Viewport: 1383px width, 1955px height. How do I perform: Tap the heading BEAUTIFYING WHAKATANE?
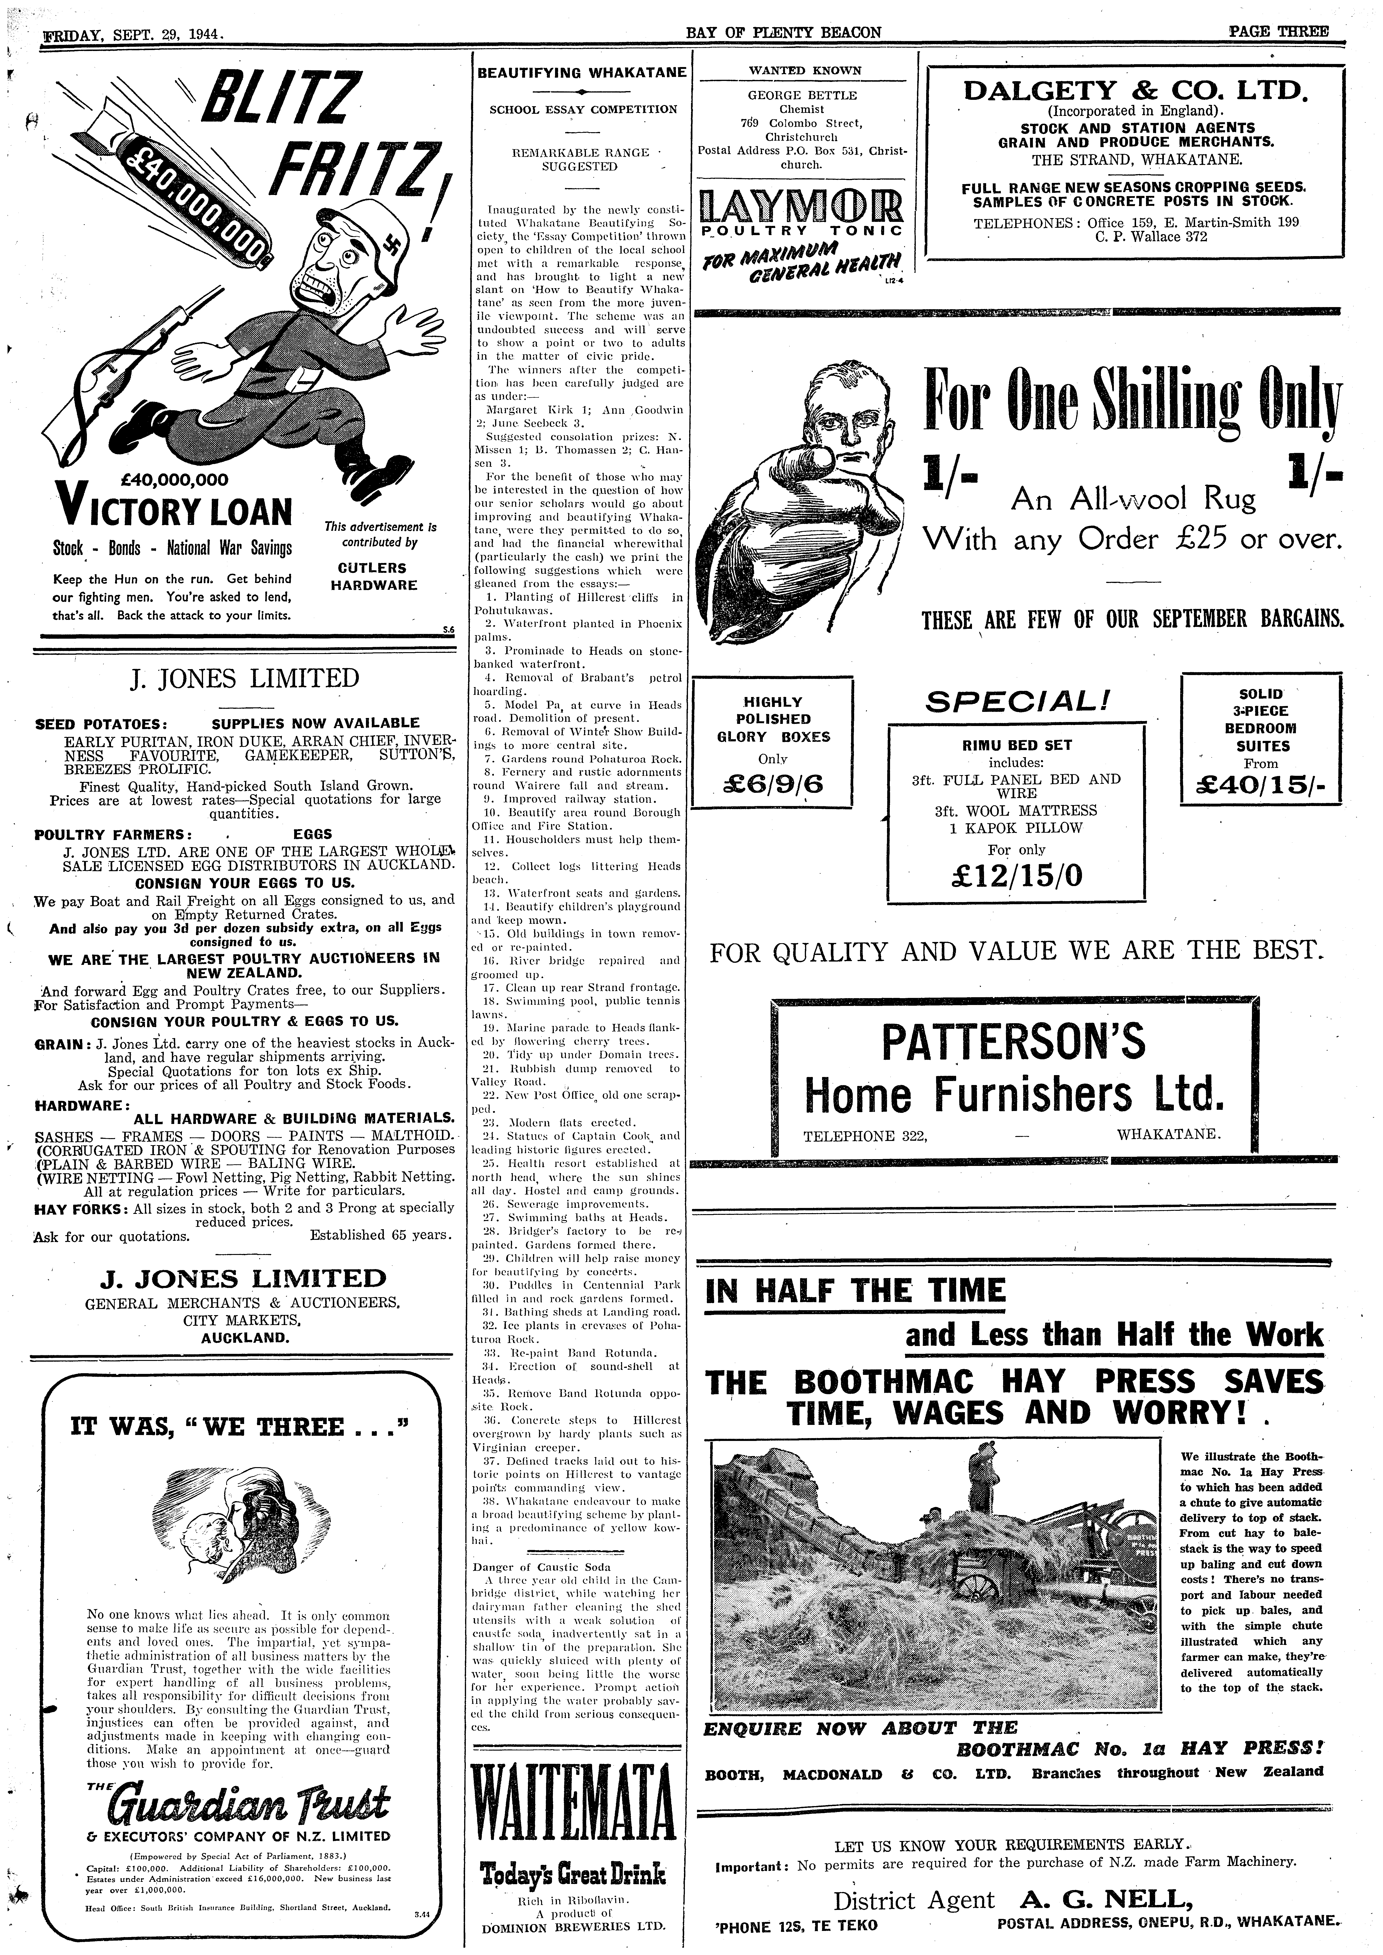[x=582, y=73]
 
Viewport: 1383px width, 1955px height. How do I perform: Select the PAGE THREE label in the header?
[x=1278, y=32]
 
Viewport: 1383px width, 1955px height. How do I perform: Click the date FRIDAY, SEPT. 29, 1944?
[x=132, y=35]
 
